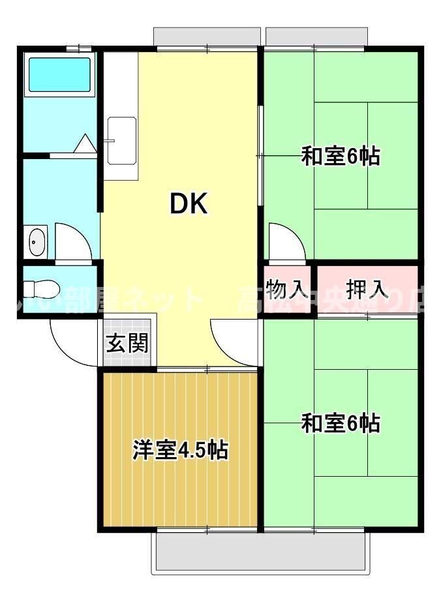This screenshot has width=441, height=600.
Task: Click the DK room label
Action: point(189,205)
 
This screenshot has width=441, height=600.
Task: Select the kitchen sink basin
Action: point(122,140)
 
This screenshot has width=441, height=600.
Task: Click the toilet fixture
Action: point(41,288)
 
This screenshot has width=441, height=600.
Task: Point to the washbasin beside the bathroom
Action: point(37,242)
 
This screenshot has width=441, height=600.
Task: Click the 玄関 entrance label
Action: point(127,342)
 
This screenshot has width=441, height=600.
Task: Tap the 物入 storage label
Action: point(287,288)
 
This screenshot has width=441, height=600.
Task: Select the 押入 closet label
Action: point(367,288)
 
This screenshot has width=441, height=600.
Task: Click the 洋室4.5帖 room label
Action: point(180,449)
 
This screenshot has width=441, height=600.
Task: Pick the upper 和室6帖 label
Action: point(340,157)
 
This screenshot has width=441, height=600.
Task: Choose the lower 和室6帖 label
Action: point(340,423)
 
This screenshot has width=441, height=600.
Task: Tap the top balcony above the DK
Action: point(206,37)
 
